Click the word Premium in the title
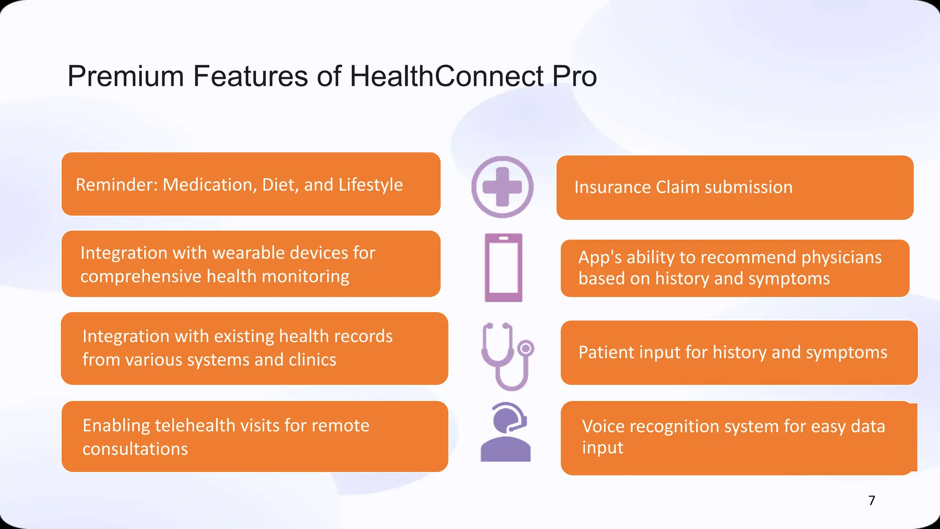125,76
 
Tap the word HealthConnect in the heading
447,76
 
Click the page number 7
872,500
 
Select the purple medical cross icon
502,187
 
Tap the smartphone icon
504,267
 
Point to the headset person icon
505,432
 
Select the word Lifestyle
370,185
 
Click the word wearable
248,253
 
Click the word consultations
135,449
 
